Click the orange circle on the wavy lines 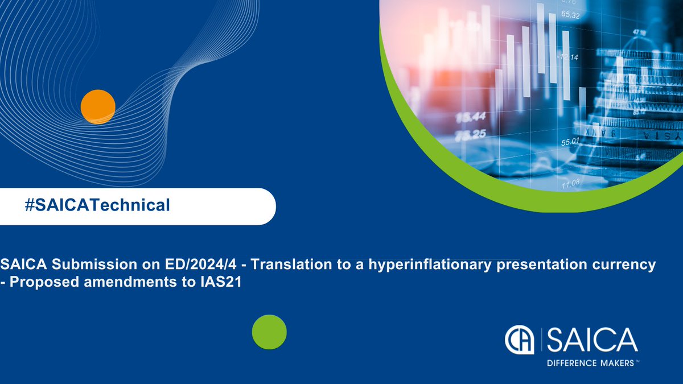98,106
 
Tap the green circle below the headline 269,332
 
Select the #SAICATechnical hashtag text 97,205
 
